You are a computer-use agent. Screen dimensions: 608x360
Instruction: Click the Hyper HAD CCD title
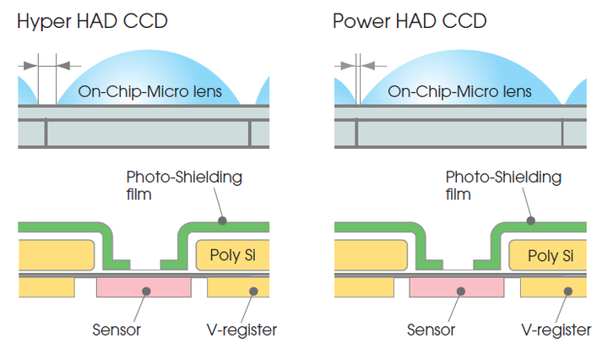[x=92, y=22]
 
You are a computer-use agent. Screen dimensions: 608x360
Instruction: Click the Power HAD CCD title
[x=410, y=21]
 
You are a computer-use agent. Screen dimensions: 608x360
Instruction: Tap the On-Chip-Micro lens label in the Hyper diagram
[x=149, y=91]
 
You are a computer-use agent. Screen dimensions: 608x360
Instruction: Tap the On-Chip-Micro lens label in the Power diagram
[x=459, y=91]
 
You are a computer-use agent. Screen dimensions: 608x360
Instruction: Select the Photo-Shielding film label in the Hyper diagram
[x=184, y=185]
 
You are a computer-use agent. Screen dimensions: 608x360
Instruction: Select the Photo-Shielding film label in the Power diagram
[x=503, y=185]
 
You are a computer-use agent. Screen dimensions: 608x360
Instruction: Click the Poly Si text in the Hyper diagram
[x=233, y=255]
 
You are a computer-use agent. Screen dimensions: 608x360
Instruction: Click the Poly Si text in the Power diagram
[x=551, y=256]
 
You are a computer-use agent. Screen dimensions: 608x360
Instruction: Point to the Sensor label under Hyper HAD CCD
[x=117, y=330]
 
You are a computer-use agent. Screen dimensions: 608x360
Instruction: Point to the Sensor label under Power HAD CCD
[x=431, y=330]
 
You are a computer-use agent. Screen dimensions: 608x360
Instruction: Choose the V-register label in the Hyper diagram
[x=242, y=330]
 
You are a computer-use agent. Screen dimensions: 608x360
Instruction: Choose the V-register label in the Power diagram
[x=556, y=330]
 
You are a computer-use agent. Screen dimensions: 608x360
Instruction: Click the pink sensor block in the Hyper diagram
[x=144, y=287]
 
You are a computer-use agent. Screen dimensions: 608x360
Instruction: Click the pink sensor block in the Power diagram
[x=457, y=287]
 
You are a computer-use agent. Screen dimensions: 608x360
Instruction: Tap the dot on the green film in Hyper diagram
[x=222, y=221]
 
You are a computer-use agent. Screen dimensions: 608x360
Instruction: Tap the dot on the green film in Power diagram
[x=531, y=221]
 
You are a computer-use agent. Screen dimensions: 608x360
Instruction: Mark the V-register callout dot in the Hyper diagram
[x=253, y=291]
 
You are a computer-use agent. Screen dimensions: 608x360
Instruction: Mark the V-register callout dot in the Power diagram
[x=568, y=291]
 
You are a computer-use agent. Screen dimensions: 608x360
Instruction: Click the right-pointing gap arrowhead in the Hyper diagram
[x=30, y=66]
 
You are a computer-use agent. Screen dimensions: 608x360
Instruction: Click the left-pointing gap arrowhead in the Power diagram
[x=368, y=66]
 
